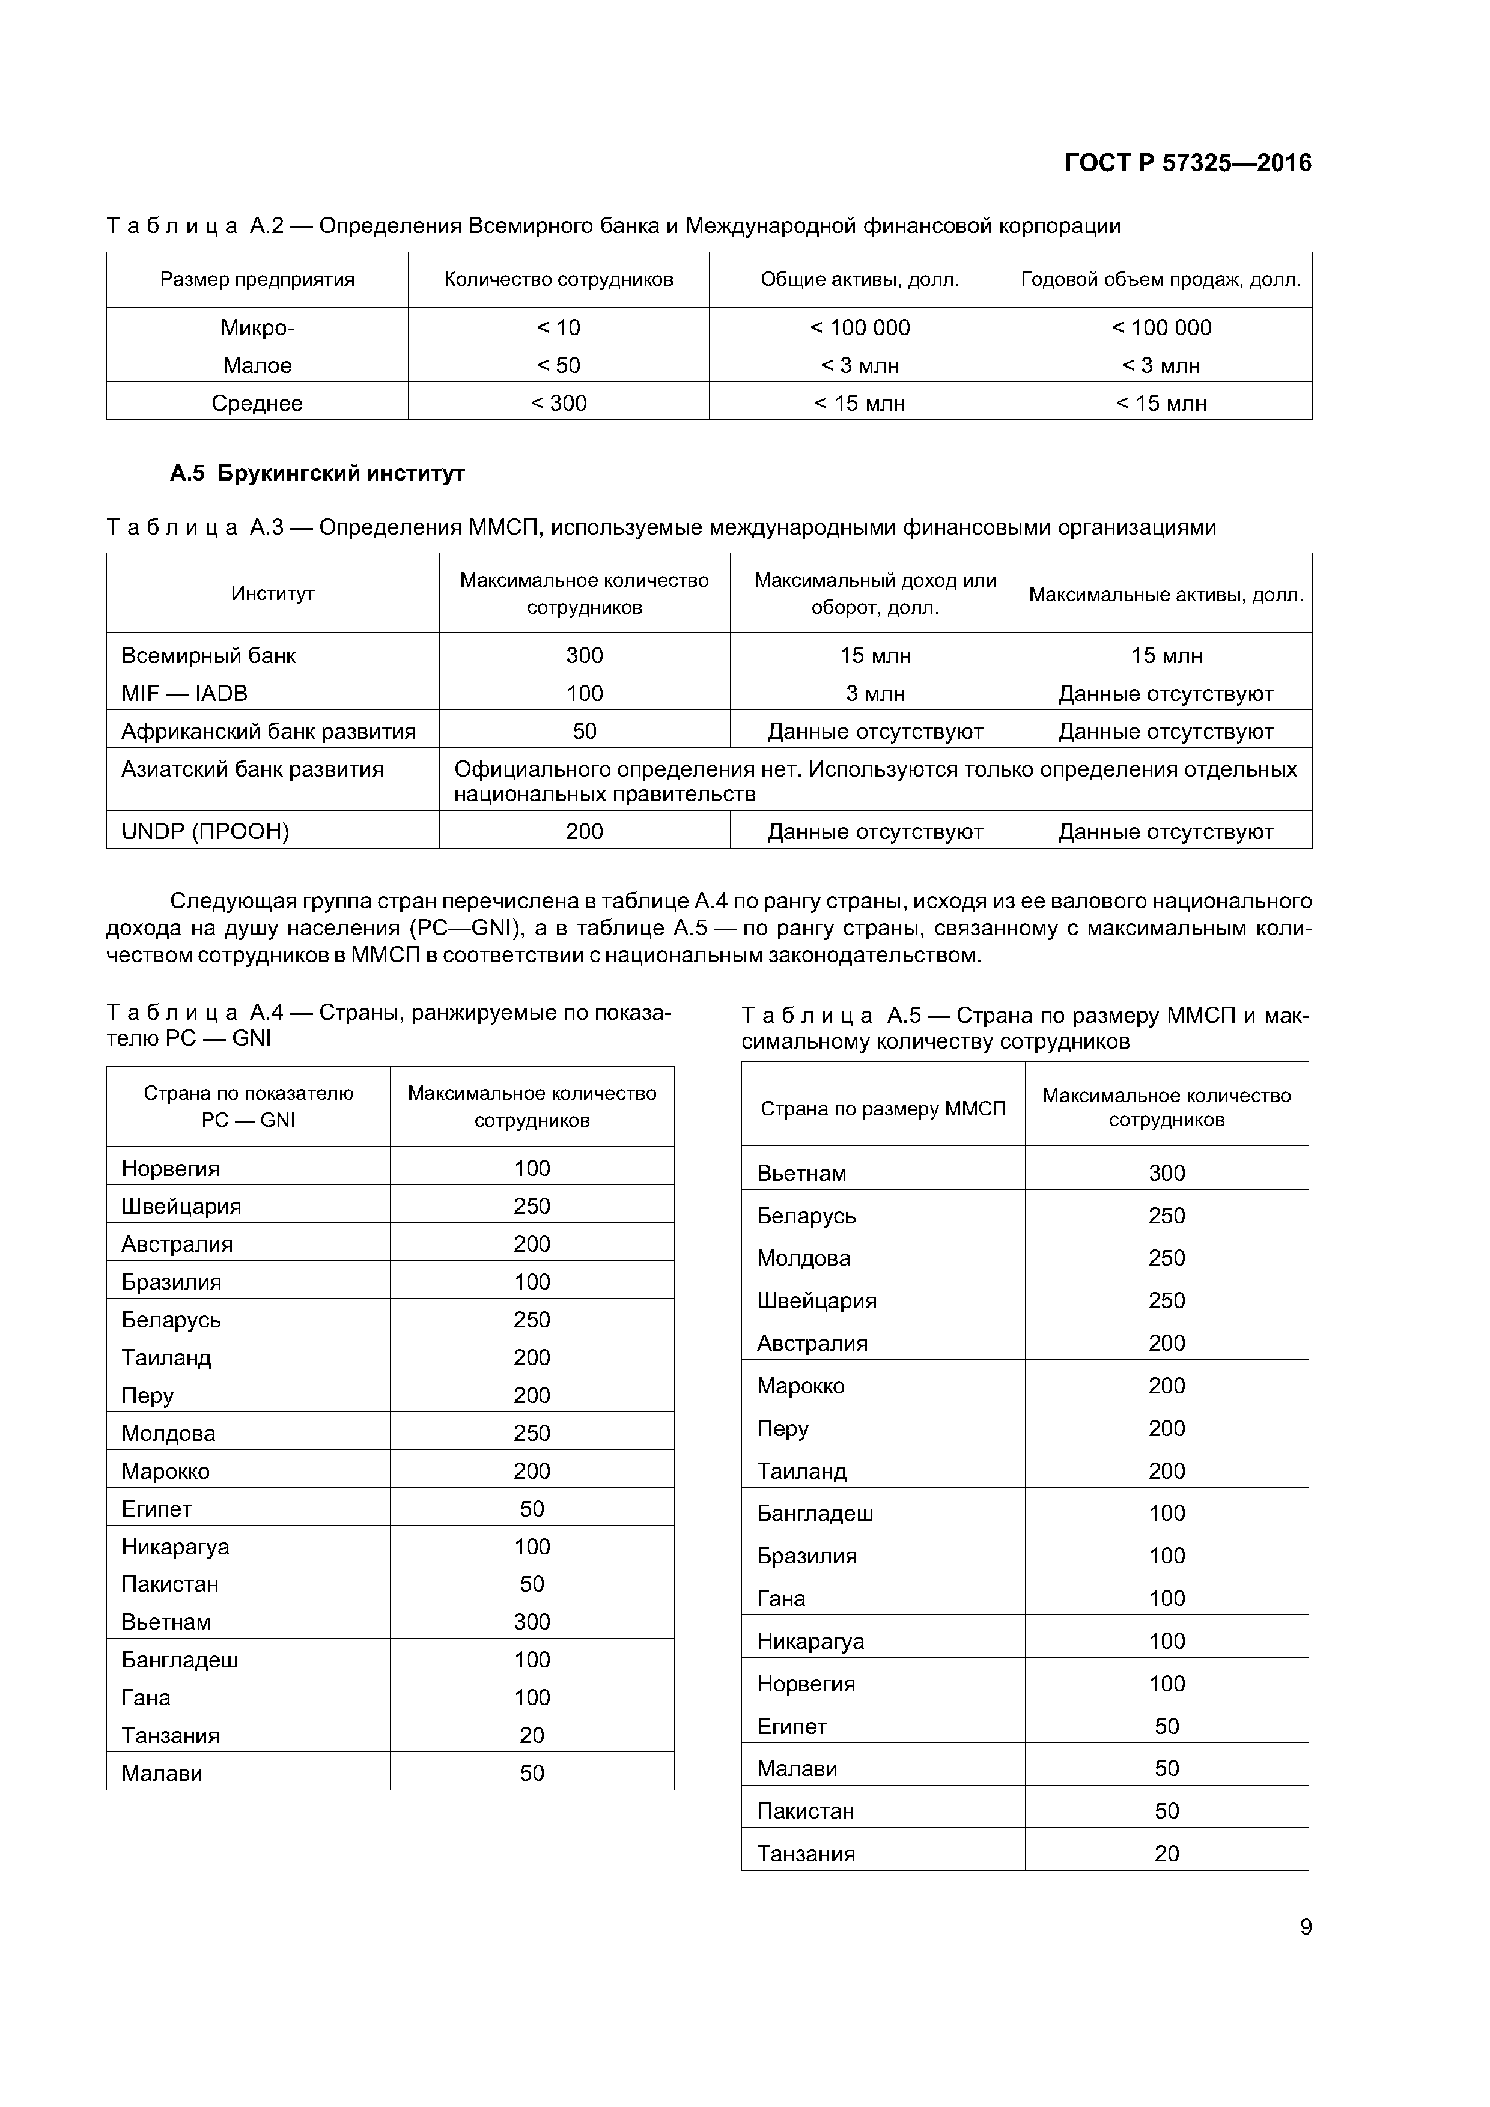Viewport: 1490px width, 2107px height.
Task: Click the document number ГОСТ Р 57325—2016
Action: pos(1187,163)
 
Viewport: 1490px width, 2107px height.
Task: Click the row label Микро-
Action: pos(257,327)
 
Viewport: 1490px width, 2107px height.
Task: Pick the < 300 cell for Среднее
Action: pos(558,403)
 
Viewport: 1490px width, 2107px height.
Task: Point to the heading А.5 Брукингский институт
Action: pos(317,473)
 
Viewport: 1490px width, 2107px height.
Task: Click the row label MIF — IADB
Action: pos(184,693)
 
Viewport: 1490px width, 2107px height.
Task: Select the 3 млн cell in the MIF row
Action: pos(875,694)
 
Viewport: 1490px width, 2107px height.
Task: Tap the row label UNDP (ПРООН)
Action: pos(205,831)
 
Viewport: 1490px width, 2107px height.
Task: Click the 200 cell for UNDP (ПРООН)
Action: pos(584,831)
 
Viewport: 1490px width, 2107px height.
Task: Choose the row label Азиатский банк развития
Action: pos(252,769)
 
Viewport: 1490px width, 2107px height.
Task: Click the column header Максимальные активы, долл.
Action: pos(1166,595)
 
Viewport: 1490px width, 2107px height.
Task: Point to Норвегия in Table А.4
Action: pos(170,1168)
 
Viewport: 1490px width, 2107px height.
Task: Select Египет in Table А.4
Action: pos(156,1509)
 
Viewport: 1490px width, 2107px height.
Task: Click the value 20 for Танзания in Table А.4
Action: pos(532,1735)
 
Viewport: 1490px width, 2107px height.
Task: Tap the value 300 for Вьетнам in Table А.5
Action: pos(1166,1173)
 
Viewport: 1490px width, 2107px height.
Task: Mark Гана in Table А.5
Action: pos(780,1599)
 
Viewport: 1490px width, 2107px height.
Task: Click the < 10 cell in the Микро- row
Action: pos(558,327)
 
